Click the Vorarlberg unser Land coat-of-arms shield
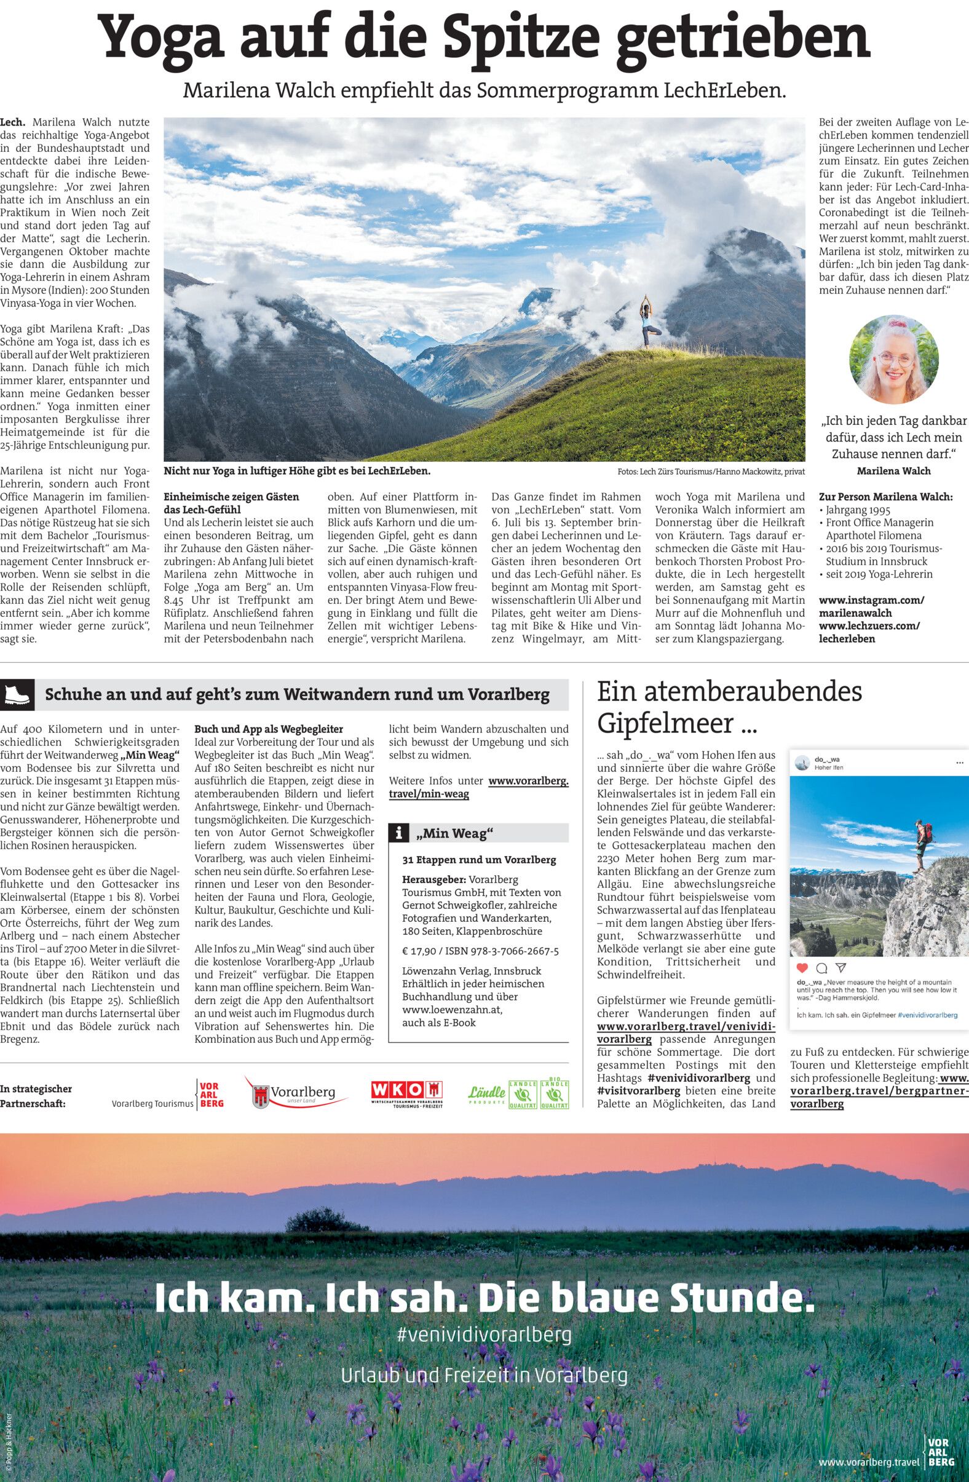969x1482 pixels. (x=261, y=1094)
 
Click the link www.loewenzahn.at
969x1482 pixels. (x=451, y=1009)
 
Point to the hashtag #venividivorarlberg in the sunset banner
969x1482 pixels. (x=484, y=1334)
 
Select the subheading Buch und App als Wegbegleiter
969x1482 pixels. (x=269, y=729)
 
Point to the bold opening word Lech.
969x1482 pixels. (x=12, y=122)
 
